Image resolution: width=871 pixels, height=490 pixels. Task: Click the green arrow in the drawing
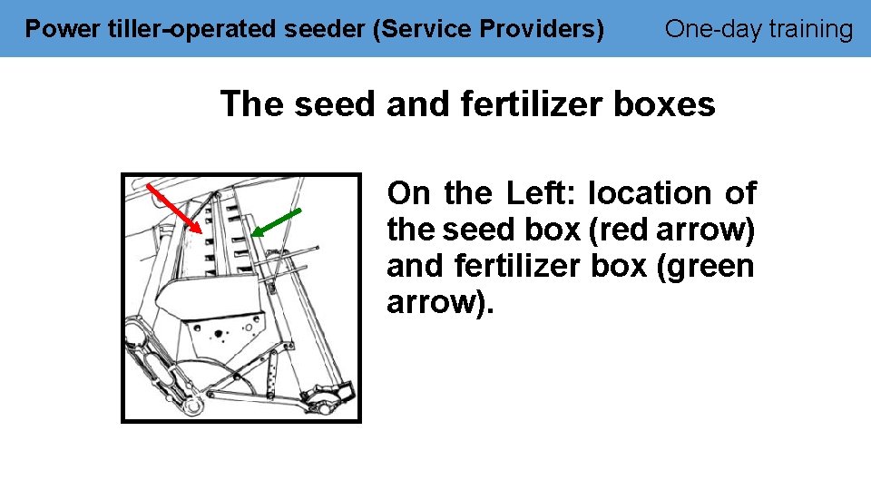point(276,222)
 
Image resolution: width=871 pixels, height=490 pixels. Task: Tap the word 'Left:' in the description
point(542,193)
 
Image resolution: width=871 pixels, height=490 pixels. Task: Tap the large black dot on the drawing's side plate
point(218,333)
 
